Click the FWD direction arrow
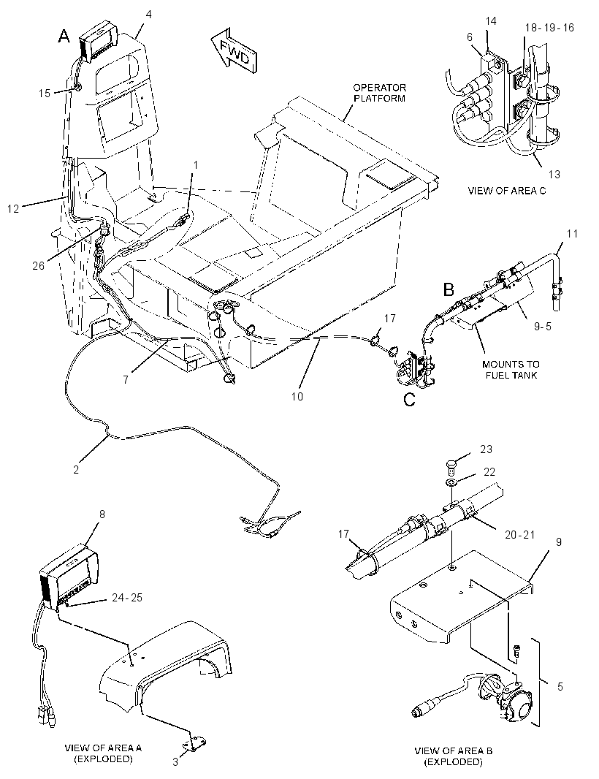point(234,53)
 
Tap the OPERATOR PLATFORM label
point(379,93)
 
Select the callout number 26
point(39,266)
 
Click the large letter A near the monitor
point(64,37)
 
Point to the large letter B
point(449,289)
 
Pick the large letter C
point(409,400)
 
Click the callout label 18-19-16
point(549,27)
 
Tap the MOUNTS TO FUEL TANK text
point(511,370)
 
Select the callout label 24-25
point(126,597)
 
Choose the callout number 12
point(13,209)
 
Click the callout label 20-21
point(519,535)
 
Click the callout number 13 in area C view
point(554,175)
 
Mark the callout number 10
point(297,397)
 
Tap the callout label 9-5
point(542,327)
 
